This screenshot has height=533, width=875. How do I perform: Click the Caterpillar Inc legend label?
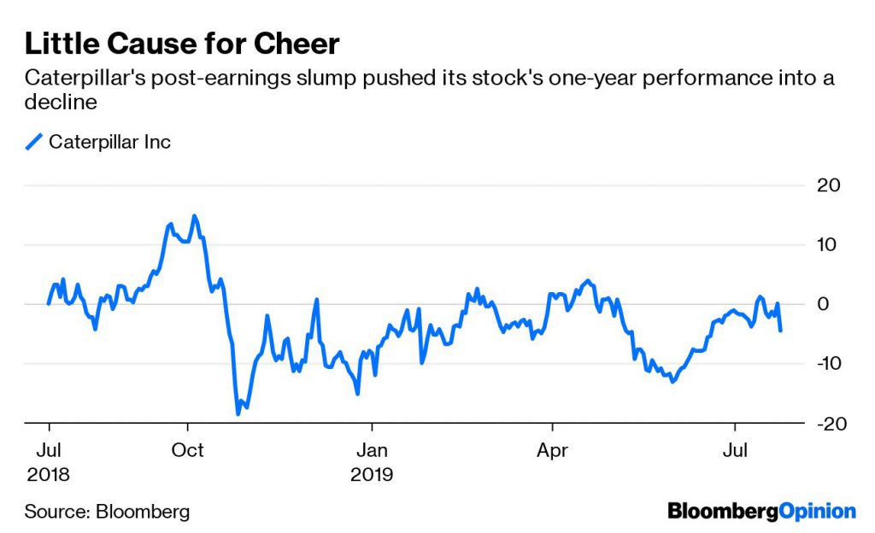pos(109,142)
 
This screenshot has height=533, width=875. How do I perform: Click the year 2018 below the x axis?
pos(49,473)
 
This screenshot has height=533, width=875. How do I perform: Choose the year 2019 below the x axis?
pos(372,473)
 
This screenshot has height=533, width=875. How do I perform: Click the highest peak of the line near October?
pos(194,216)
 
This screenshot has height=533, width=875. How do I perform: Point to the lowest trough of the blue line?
pos(238,413)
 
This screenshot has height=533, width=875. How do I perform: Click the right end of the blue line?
pos(781,330)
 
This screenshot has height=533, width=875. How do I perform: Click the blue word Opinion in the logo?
pos(818,512)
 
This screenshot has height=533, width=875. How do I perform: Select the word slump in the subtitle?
pos(327,79)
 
